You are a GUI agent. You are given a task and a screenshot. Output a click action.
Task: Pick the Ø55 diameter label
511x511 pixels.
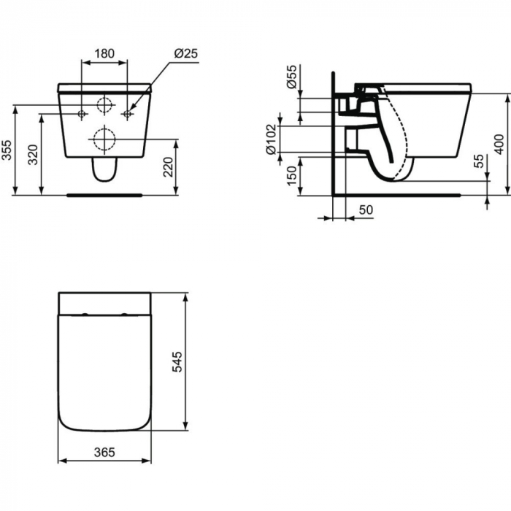pos(292,77)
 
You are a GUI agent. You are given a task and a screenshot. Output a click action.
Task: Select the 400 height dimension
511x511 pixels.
pos(499,145)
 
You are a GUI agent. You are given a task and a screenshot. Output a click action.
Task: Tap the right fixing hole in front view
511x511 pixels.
pos(128,113)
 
